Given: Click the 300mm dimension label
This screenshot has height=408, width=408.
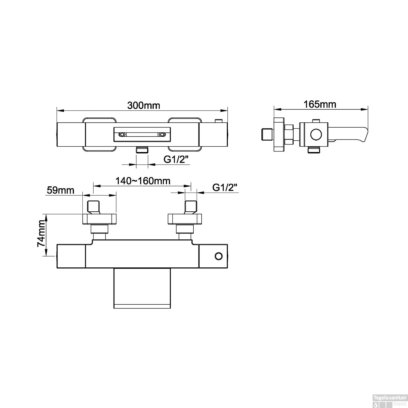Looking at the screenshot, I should tap(144, 105).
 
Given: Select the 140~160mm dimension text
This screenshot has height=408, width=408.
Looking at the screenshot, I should tap(143, 181).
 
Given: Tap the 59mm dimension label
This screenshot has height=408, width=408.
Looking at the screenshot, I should tap(60, 190).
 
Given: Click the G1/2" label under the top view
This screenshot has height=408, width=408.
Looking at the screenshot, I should tap(176, 160).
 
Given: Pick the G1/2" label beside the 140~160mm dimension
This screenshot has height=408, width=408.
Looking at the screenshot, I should tap(225, 187).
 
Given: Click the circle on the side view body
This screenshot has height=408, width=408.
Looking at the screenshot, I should tap(316, 134).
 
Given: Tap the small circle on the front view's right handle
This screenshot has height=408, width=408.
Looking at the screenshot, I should tap(218, 256).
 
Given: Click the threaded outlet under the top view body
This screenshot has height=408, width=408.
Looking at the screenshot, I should tap(142, 150).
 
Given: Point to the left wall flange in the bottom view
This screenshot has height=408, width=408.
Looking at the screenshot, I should tap(99, 219).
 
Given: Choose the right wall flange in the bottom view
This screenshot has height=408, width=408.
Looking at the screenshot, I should tap(185, 219).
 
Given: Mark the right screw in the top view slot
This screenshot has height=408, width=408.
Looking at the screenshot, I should tap(162, 135).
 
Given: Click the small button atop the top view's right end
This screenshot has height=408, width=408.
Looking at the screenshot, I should tap(218, 120).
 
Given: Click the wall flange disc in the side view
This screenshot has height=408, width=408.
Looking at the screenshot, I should tap(279, 134).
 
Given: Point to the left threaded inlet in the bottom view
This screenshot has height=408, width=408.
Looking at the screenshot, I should tap(94, 207).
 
